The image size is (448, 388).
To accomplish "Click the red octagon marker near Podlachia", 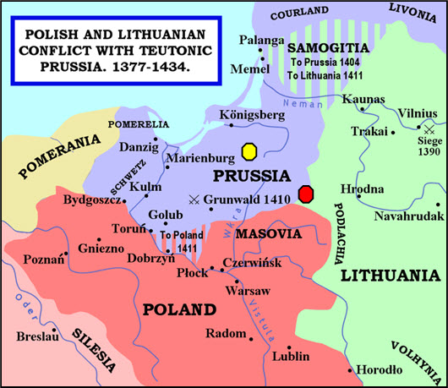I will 307,194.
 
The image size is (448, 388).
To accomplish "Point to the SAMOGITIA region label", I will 324,48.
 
